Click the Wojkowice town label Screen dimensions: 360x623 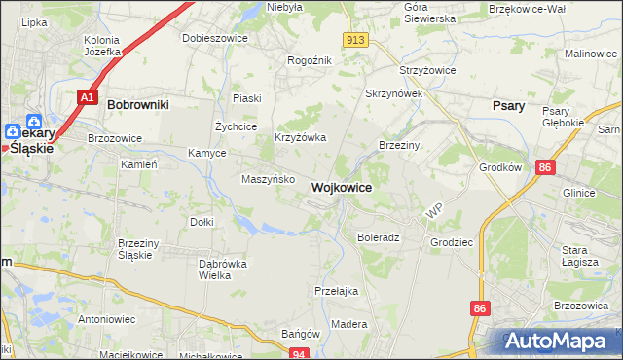pyautogui.click(x=341, y=187)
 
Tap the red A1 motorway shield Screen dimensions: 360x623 pyautogui.click(x=88, y=97)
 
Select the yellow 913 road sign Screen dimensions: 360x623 pyautogui.click(x=354, y=39)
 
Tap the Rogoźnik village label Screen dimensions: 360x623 pyautogui.click(x=310, y=60)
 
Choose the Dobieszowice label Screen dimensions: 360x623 pyautogui.click(x=215, y=38)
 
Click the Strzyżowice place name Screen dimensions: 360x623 pyautogui.click(x=428, y=71)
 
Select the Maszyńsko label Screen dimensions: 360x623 pyautogui.click(x=267, y=179)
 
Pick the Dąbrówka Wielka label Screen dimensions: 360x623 pyautogui.click(x=223, y=270)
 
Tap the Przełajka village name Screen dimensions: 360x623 pyautogui.click(x=337, y=290)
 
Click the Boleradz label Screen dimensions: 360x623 pyautogui.click(x=379, y=237)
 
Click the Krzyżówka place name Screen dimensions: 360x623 pyautogui.click(x=300, y=138)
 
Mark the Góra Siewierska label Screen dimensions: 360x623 pyautogui.click(x=429, y=13)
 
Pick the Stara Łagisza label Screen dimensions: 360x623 pyautogui.click(x=581, y=255)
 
